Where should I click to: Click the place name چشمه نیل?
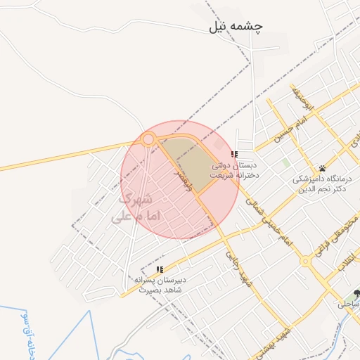(236, 27)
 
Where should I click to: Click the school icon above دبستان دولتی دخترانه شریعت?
(234, 154)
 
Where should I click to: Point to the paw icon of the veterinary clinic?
(323, 168)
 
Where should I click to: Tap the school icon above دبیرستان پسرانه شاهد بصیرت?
(160, 269)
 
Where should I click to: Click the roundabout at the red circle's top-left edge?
(148, 140)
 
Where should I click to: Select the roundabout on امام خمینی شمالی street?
(306, 261)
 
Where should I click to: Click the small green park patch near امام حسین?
(286, 163)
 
